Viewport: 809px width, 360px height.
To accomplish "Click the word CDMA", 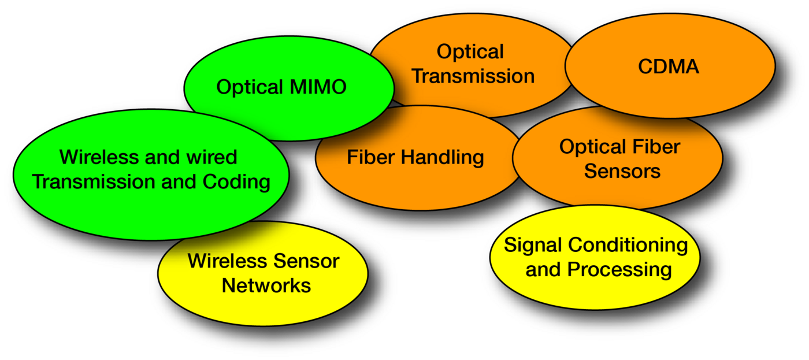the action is pos(669,66).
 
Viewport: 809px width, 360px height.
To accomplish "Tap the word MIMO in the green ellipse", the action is pos(318,87).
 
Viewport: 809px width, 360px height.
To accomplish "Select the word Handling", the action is pos(443,158).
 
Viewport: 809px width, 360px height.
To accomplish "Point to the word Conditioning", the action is pos(628,246).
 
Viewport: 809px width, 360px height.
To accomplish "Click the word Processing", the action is pos(619,270).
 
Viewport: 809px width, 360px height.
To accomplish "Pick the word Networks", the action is pos(266,285).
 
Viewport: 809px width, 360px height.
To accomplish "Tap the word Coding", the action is pos(236,182).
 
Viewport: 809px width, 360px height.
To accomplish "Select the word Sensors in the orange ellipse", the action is pos(622,171).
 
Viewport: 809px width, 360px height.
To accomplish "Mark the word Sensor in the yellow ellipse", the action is pos(307,261).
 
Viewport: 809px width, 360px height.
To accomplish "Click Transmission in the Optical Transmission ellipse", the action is pos(473,76).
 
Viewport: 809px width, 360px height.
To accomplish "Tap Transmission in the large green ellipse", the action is pos(94,181).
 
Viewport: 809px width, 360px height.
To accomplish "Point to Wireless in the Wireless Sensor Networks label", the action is pos(228,261).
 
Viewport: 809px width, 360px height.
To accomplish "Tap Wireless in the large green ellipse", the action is pos(99,157).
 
